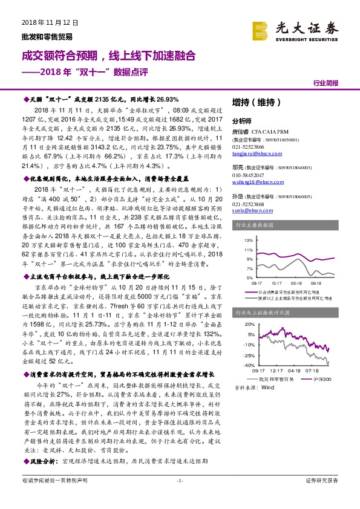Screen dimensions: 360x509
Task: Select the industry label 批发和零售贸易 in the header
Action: pyautogui.click(x=38, y=36)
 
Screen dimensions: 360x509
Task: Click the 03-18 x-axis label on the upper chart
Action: pyautogui.click(x=296, y=282)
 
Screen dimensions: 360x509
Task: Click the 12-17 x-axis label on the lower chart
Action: pyautogui.click(x=277, y=370)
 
